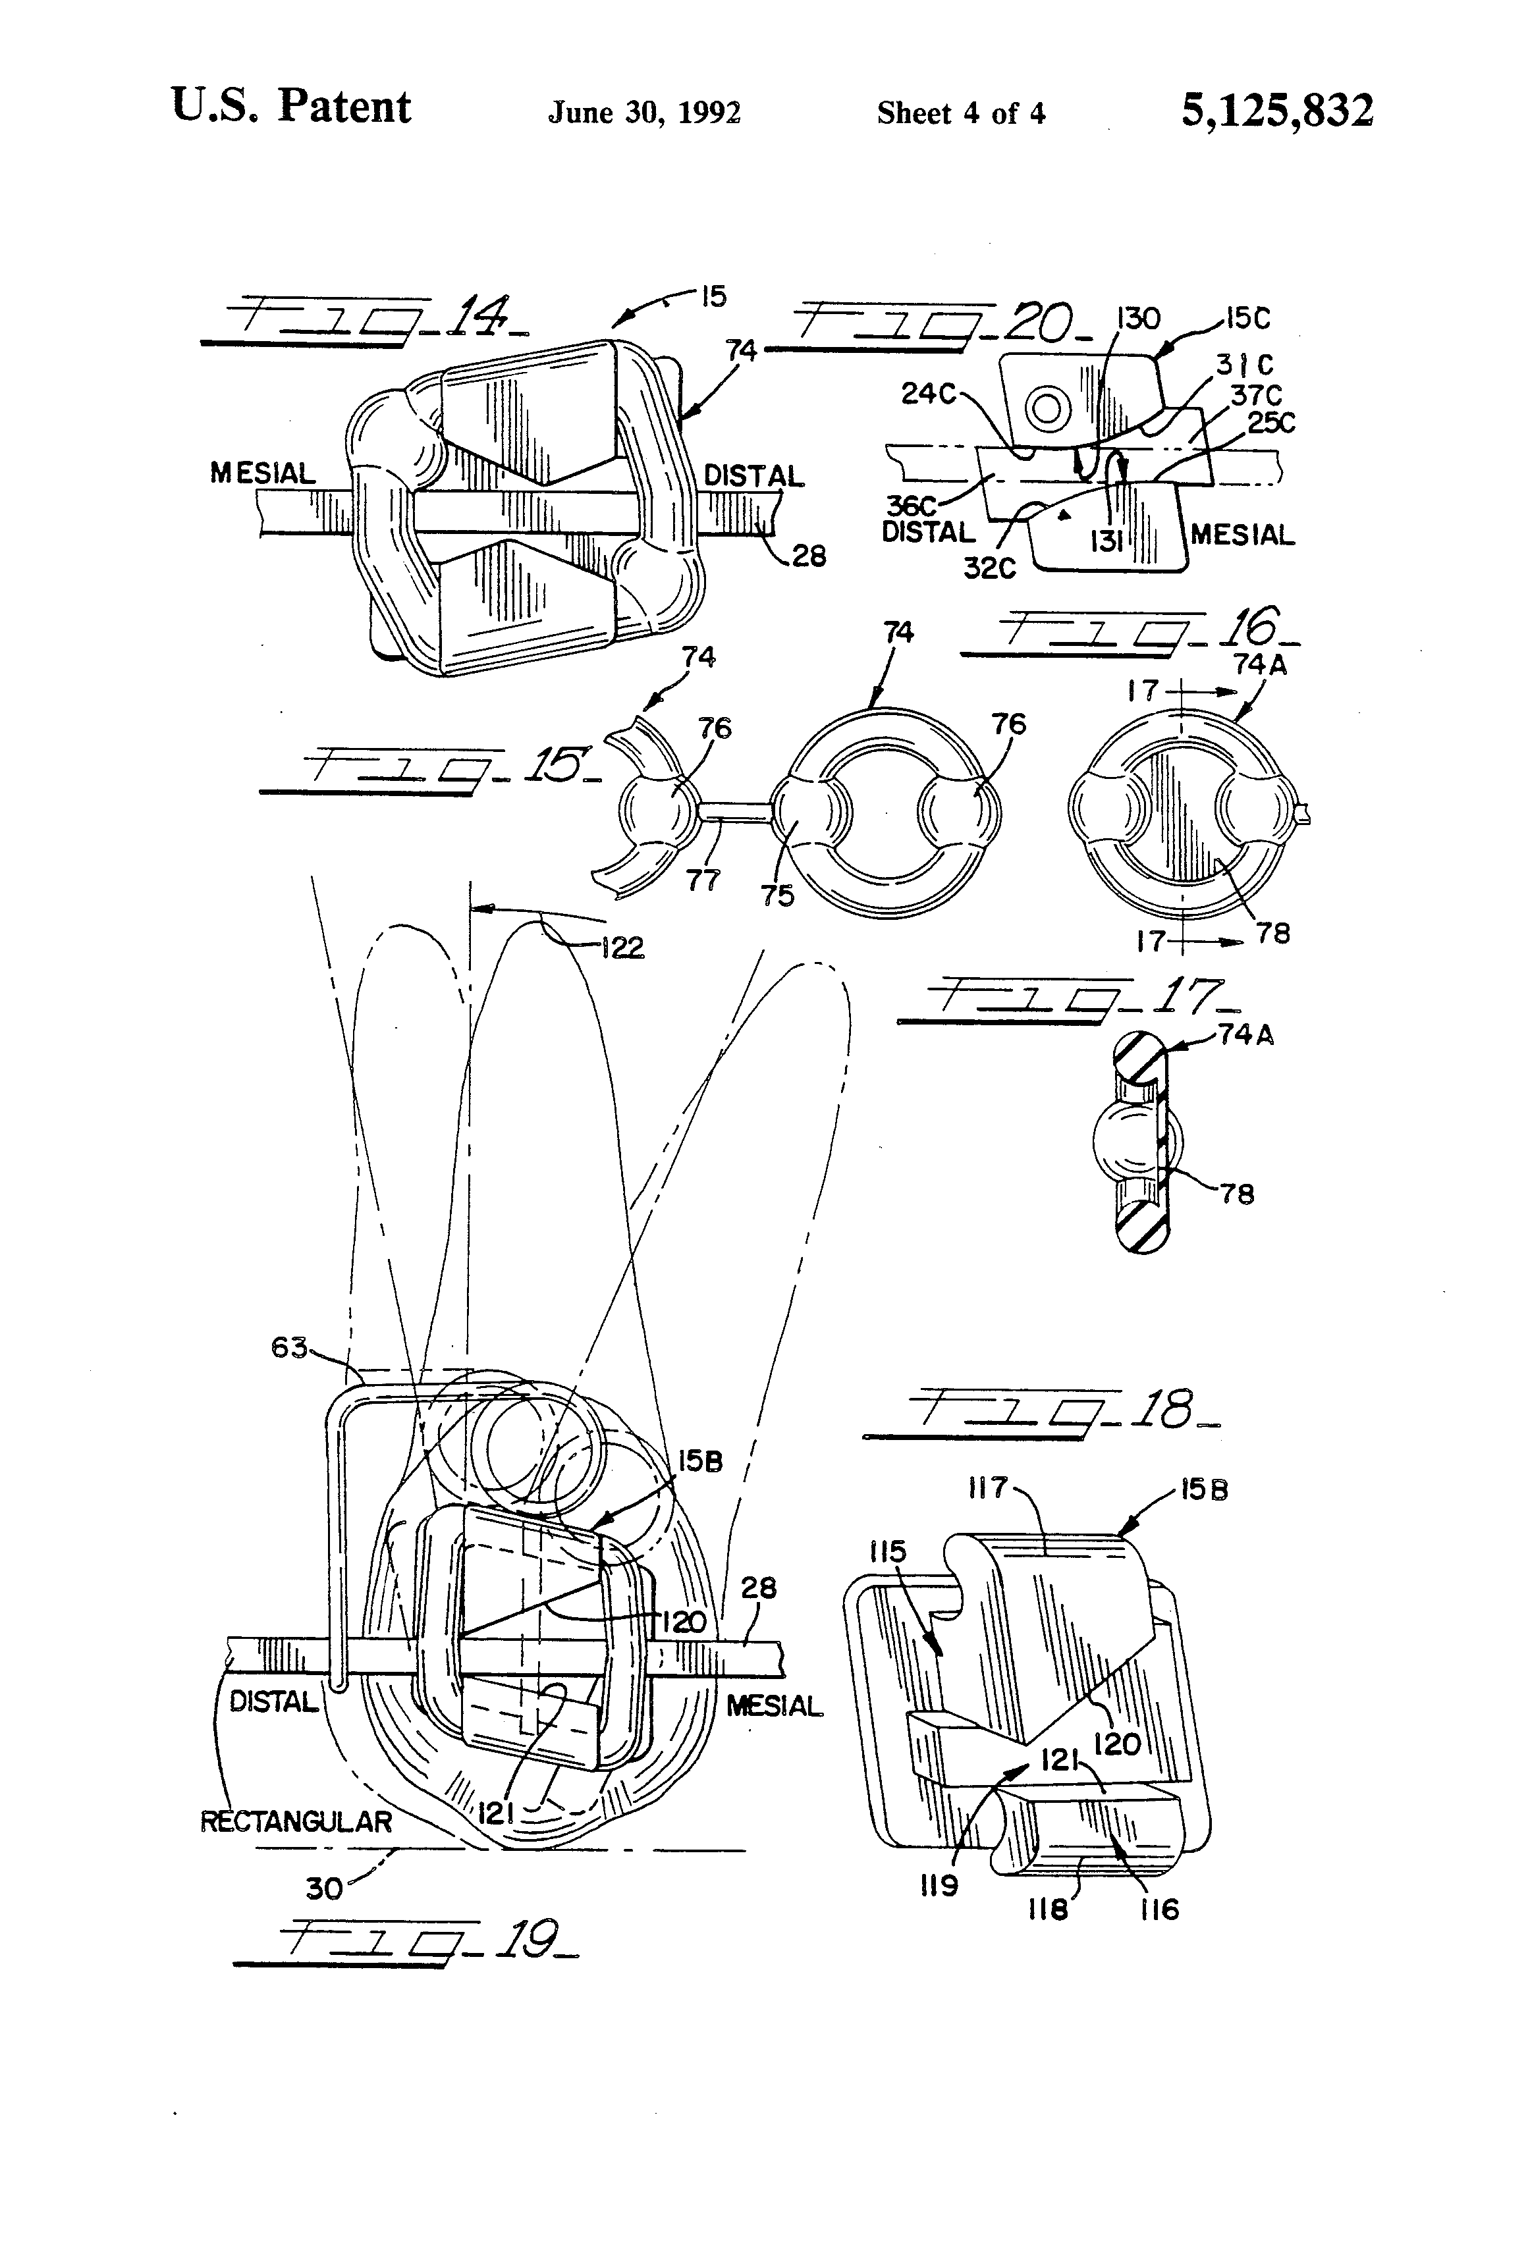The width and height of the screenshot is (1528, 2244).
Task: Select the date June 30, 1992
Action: [x=644, y=113]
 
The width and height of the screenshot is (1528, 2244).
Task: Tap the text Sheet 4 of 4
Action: [x=960, y=114]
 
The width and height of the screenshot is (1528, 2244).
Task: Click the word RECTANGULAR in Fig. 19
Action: [x=296, y=1822]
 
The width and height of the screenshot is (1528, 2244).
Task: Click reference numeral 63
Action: [x=288, y=1347]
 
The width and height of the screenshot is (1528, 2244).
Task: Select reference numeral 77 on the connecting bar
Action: [x=702, y=880]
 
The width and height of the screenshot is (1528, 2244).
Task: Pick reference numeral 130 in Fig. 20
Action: [x=1138, y=319]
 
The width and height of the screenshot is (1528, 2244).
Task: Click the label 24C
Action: [x=928, y=393]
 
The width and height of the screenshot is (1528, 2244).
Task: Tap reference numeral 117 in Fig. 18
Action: [x=987, y=1488]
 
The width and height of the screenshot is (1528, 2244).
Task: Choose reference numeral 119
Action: [x=938, y=1884]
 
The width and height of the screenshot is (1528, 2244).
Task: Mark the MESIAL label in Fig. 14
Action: [x=263, y=473]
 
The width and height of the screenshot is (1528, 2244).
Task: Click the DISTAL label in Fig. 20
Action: [x=927, y=532]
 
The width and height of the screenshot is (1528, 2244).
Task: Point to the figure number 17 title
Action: [x=1067, y=1000]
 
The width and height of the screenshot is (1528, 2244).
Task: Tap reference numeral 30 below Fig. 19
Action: [x=323, y=1888]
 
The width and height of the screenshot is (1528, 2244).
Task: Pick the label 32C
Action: [x=989, y=568]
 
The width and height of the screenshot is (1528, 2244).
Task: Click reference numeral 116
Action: [x=1159, y=1909]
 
